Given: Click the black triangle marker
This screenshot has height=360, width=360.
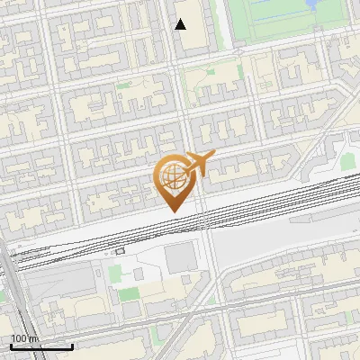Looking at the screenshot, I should pos(181,24).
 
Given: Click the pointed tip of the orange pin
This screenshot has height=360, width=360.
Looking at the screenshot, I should pos(173,211).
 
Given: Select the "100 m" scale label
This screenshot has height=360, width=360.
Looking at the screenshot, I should pos(25,338).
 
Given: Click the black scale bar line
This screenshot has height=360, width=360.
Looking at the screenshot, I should pos(41,346).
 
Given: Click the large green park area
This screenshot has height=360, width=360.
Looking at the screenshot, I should pos(270,22).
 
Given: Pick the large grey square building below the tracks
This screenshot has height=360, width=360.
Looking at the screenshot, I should pos(181,259).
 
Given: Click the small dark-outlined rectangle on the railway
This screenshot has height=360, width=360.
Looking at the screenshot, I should pos(120,251).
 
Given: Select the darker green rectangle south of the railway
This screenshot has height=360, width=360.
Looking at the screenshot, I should pos(129,294).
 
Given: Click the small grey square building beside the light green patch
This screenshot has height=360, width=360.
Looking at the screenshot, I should pos(139,272).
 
